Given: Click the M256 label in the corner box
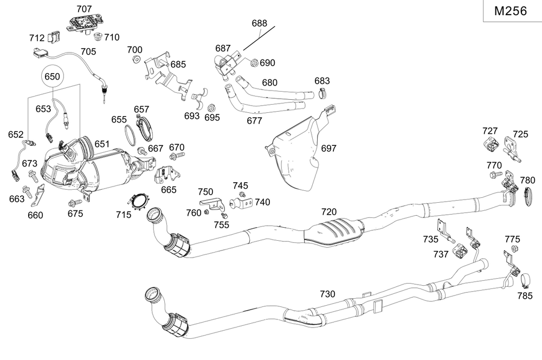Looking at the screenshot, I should [511, 11].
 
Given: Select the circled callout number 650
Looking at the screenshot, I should [52, 77].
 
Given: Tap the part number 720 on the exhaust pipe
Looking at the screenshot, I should [329, 211].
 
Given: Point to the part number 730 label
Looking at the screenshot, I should [327, 294].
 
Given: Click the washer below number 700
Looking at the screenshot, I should [137, 59].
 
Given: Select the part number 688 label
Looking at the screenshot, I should [260, 24].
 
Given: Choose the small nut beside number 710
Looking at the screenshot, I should [98, 37].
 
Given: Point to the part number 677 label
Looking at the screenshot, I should [254, 120].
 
